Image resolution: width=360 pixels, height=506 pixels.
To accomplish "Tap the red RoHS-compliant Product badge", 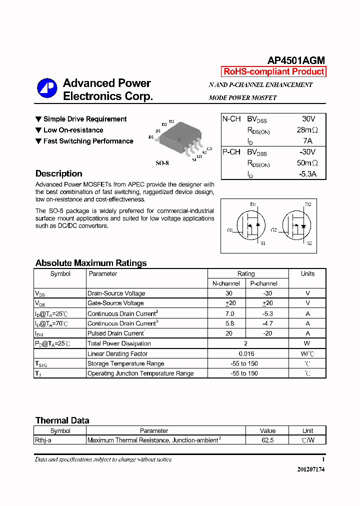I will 273,71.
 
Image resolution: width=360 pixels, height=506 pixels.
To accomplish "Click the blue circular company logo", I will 47,88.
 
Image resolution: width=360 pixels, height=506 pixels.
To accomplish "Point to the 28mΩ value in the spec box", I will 307,130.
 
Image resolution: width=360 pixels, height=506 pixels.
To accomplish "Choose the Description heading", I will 59,173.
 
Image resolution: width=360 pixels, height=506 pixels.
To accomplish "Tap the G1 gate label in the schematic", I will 230,230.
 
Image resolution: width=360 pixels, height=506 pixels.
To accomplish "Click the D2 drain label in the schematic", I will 308,204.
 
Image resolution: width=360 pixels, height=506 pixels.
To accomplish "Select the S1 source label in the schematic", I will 262,243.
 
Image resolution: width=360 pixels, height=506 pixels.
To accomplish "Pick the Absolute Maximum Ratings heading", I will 91,263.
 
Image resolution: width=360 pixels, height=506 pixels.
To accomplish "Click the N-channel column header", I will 226,283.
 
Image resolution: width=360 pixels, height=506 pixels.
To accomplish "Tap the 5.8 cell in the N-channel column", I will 229,323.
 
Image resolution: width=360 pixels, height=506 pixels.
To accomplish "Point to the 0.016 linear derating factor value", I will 245,353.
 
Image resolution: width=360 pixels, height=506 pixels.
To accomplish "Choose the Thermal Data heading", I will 62,420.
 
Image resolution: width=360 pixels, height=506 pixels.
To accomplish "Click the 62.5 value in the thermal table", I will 267,440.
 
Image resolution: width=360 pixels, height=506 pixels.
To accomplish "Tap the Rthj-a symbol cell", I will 45,440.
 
